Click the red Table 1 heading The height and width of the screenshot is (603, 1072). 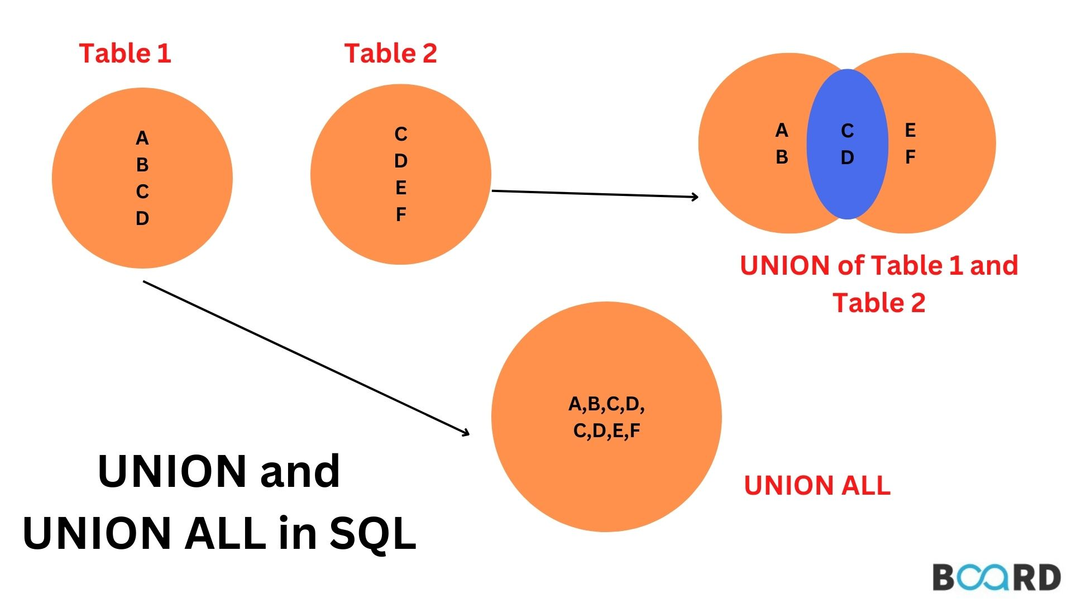click(125, 54)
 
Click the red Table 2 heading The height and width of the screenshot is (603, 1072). click(391, 54)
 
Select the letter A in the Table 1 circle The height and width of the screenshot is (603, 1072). click(142, 138)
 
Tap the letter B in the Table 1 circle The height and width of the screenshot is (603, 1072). click(142, 165)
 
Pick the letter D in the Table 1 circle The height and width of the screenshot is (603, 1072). click(142, 218)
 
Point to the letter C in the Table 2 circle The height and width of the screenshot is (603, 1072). click(401, 134)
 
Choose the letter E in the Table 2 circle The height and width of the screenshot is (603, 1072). click(401, 188)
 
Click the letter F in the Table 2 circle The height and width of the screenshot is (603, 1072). click(401, 214)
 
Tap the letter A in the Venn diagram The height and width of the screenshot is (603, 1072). click(782, 131)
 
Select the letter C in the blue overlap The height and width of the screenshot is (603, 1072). click(848, 131)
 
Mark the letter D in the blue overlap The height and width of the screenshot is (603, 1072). click(848, 157)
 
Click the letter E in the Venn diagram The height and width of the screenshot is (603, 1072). click(910, 131)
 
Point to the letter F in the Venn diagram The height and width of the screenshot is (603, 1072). click(910, 157)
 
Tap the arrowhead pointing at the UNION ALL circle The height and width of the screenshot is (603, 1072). click(465, 432)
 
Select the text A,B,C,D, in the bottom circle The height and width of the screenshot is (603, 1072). click(606, 404)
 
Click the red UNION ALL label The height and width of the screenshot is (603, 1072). click(817, 485)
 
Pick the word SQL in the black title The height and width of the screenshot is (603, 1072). click(373, 534)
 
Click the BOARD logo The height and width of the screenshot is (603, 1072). click(997, 577)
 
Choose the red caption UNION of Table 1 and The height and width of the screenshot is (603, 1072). click(879, 265)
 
